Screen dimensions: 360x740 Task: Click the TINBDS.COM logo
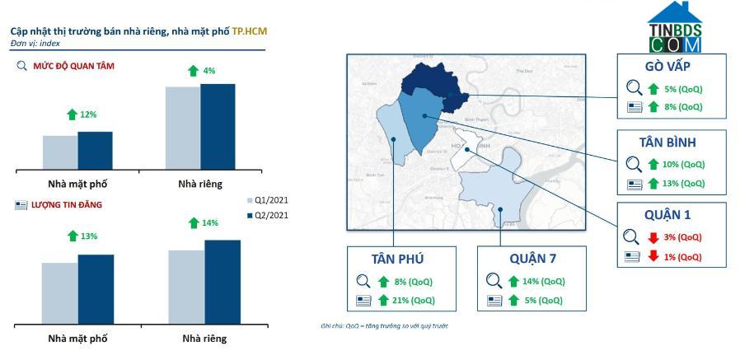tap(674, 29)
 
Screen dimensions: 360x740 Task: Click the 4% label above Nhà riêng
tap(208, 71)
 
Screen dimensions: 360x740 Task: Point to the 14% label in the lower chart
tap(209, 222)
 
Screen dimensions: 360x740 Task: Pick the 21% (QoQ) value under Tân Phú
tap(414, 300)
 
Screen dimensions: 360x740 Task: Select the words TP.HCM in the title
tap(249, 30)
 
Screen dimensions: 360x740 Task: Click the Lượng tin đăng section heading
tap(67, 204)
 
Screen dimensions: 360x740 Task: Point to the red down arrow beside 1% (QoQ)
tap(653, 256)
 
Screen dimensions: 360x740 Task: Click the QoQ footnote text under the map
tap(384, 326)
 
